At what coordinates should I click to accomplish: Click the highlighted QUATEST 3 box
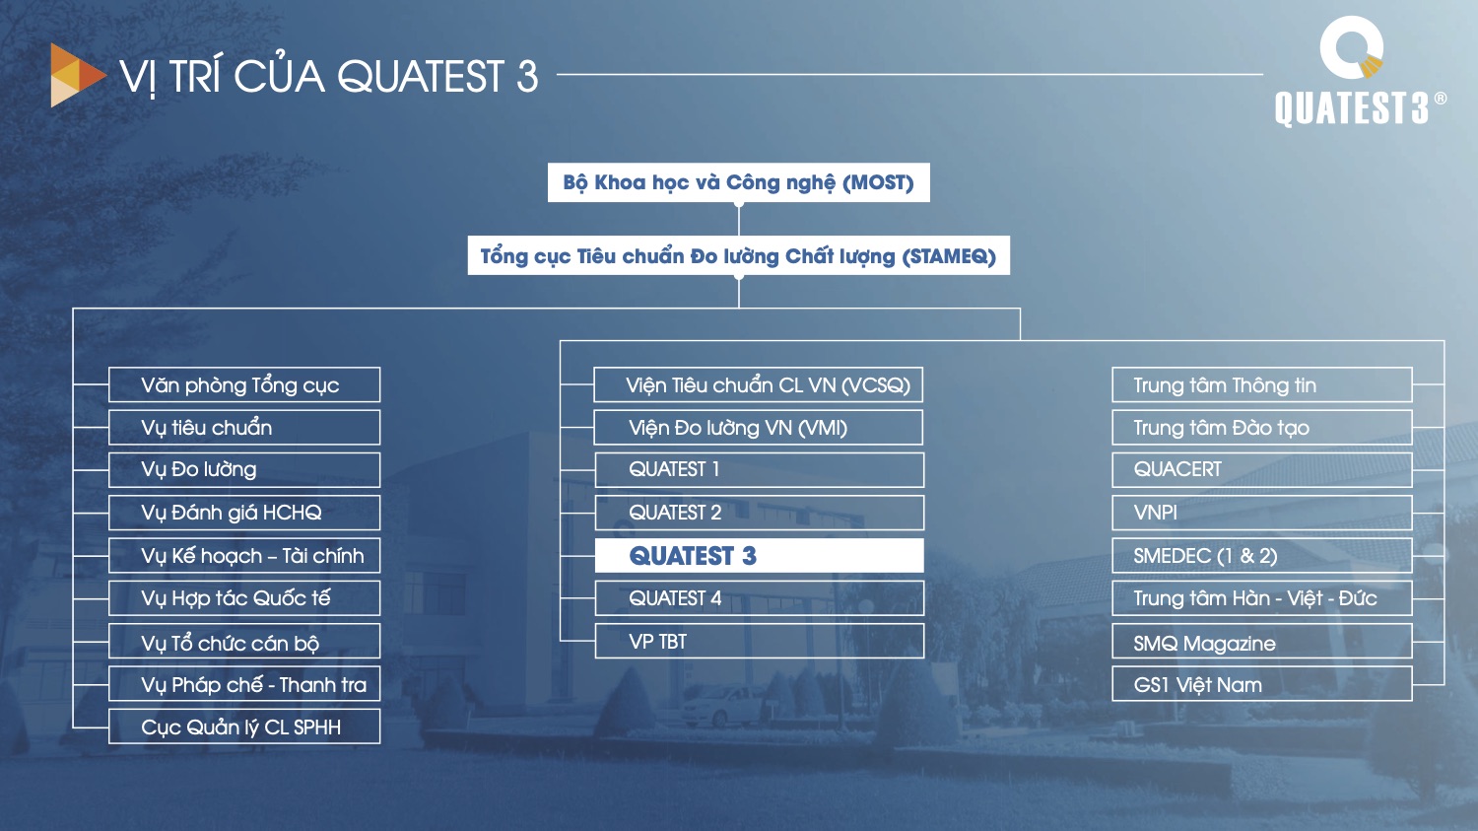click(x=759, y=556)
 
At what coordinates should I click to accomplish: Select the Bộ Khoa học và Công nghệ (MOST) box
click(x=738, y=182)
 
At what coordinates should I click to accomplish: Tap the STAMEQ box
click(x=738, y=255)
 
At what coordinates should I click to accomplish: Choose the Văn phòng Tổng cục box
click(x=244, y=384)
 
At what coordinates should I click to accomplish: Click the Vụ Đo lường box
click(x=244, y=470)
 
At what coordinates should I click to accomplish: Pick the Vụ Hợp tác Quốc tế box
click(x=244, y=598)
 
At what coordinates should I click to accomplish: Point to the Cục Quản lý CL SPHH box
click(x=244, y=727)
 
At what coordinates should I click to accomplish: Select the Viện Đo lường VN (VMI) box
click(x=758, y=428)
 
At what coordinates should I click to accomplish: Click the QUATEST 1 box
click(x=759, y=470)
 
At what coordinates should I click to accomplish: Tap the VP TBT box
click(x=759, y=641)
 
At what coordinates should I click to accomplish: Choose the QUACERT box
click(x=1261, y=470)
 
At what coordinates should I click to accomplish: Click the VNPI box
click(x=1261, y=513)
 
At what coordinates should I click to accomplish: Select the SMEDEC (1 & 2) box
click(x=1261, y=556)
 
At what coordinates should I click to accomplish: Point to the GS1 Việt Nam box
click(x=1261, y=684)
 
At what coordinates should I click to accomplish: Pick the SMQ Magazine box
click(x=1261, y=641)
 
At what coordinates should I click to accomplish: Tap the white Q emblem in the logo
click(x=1351, y=47)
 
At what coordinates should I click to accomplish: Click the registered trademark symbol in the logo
click(x=1441, y=99)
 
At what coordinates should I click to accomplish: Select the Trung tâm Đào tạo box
click(x=1261, y=428)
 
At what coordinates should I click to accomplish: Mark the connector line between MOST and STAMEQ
click(x=739, y=219)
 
